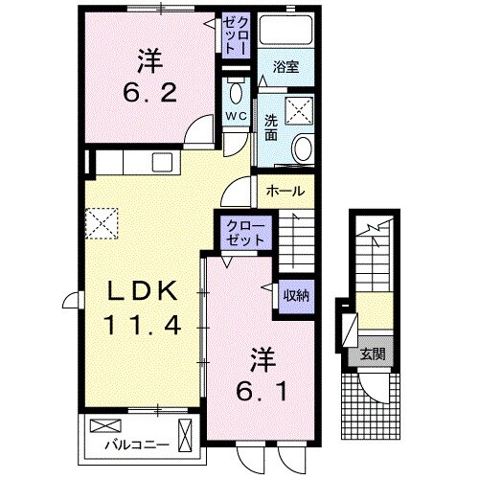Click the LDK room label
tap(142, 291)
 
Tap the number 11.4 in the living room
tap(142, 326)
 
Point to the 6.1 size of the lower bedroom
tap(262, 391)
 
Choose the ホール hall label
tap(286, 191)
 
